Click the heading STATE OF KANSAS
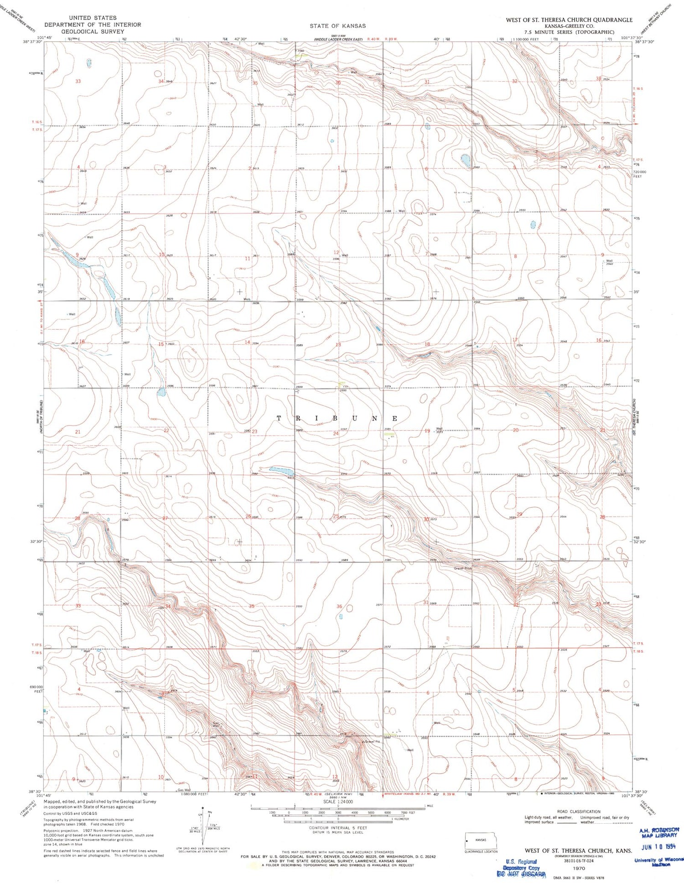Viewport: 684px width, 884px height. tap(337, 26)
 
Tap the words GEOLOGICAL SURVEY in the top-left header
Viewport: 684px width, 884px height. tap(92, 31)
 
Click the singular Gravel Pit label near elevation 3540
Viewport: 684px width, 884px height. tap(372, 741)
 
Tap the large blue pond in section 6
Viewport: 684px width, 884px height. tap(465, 161)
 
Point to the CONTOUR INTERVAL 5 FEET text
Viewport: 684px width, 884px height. tap(337, 828)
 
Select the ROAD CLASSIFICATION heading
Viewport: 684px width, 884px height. tap(578, 811)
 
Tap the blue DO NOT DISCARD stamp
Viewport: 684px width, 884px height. tap(522, 874)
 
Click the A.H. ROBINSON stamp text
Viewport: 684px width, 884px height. tap(659, 830)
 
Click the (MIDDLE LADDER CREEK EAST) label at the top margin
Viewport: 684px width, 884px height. tap(338, 40)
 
